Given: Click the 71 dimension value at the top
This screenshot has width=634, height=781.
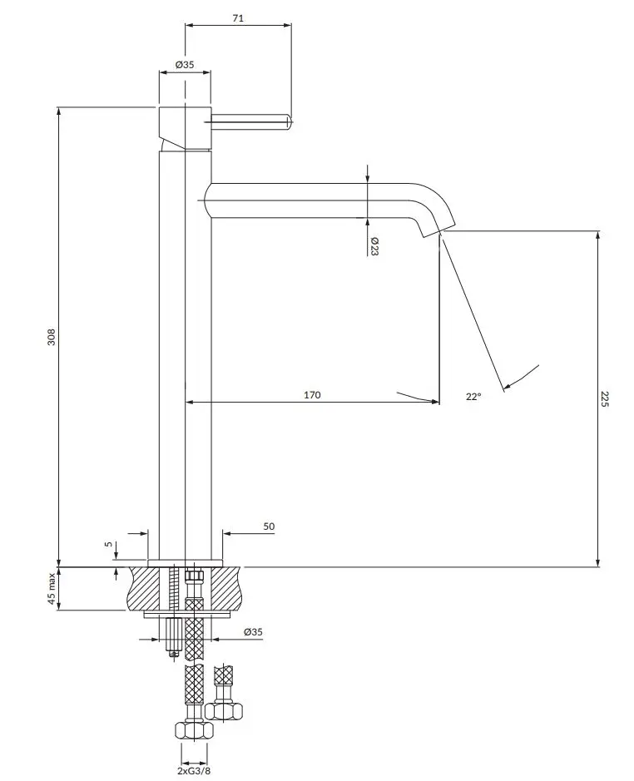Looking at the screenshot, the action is (x=238, y=18).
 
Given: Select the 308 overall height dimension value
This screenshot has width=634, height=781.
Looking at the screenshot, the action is (x=52, y=337).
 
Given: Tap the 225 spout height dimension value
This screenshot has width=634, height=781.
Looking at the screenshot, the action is (x=605, y=399).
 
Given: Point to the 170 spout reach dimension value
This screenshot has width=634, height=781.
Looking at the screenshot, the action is (x=312, y=395).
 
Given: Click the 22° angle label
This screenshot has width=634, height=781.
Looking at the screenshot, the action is (x=473, y=397).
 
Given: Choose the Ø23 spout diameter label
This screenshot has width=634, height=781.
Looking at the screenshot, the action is (x=374, y=246).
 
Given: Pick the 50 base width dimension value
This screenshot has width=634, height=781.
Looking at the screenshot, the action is (x=269, y=526).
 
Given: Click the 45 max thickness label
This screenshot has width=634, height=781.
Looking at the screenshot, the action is (x=52, y=588).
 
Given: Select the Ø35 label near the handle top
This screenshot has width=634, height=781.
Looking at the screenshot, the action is (x=185, y=64).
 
